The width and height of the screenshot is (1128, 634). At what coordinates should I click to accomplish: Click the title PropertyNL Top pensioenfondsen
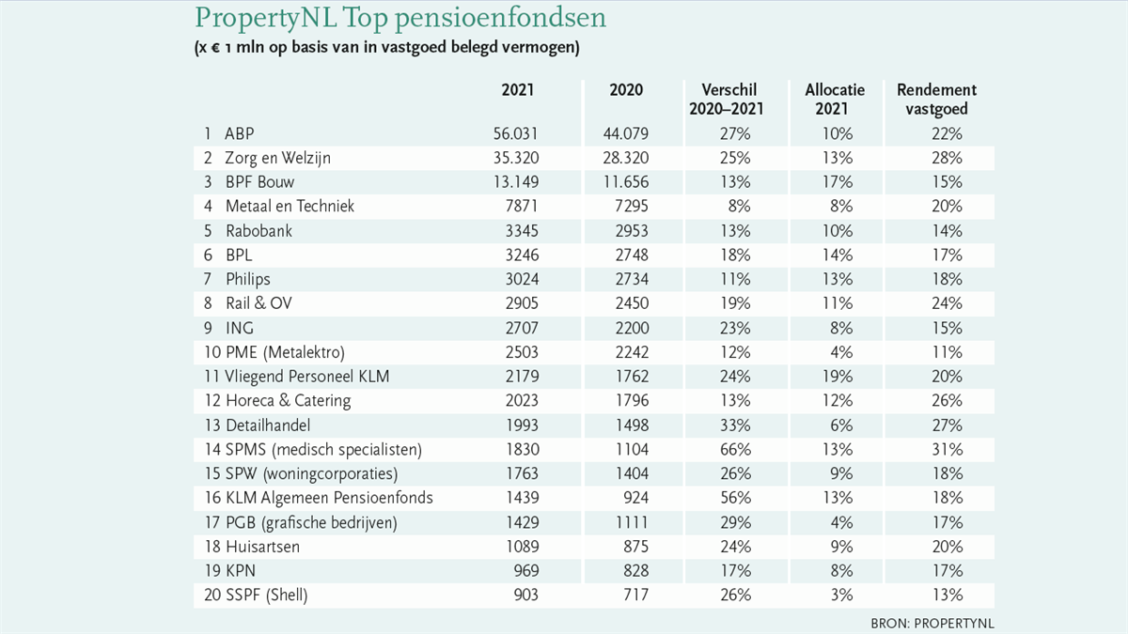coord(400,18)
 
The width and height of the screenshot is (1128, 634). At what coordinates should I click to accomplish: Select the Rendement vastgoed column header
coord(936,100)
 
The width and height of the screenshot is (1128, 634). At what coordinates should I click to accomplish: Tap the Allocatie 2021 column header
coord(835,100)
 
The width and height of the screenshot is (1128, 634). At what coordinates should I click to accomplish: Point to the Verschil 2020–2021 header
coord(727,100)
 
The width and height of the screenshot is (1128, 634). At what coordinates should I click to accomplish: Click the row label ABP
coord(239,133)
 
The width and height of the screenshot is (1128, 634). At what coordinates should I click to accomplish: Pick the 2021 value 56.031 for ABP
coord(516,133)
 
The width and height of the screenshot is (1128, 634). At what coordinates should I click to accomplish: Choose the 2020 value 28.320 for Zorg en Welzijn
coord(626,158)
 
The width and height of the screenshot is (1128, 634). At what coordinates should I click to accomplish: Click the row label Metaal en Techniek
coord(290,207)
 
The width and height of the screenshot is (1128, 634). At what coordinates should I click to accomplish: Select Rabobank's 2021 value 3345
coord(523,231)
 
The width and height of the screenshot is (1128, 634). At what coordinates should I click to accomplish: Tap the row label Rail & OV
coord(258,303)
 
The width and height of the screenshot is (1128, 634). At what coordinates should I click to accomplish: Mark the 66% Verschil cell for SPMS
coord(735,449)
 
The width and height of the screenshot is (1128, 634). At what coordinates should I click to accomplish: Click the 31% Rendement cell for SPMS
coord(948,449)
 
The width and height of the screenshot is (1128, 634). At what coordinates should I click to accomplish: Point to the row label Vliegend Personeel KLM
coord(307,377)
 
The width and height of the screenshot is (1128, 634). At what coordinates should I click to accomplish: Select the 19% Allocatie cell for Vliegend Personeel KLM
coord(838,377)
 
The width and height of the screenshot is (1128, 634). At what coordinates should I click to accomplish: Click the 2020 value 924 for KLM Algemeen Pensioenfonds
coord(636,498)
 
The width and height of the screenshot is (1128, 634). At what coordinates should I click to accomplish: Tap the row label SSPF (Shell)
coord(266,595)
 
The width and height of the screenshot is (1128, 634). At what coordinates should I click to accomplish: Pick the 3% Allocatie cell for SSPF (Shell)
coord(842,595)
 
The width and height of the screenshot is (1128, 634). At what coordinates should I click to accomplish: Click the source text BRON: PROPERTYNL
coord(932,624)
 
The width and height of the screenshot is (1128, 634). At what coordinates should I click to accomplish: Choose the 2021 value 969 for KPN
coord(526,571)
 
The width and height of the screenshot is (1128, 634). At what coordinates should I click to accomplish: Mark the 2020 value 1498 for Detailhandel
coord(632,425)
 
